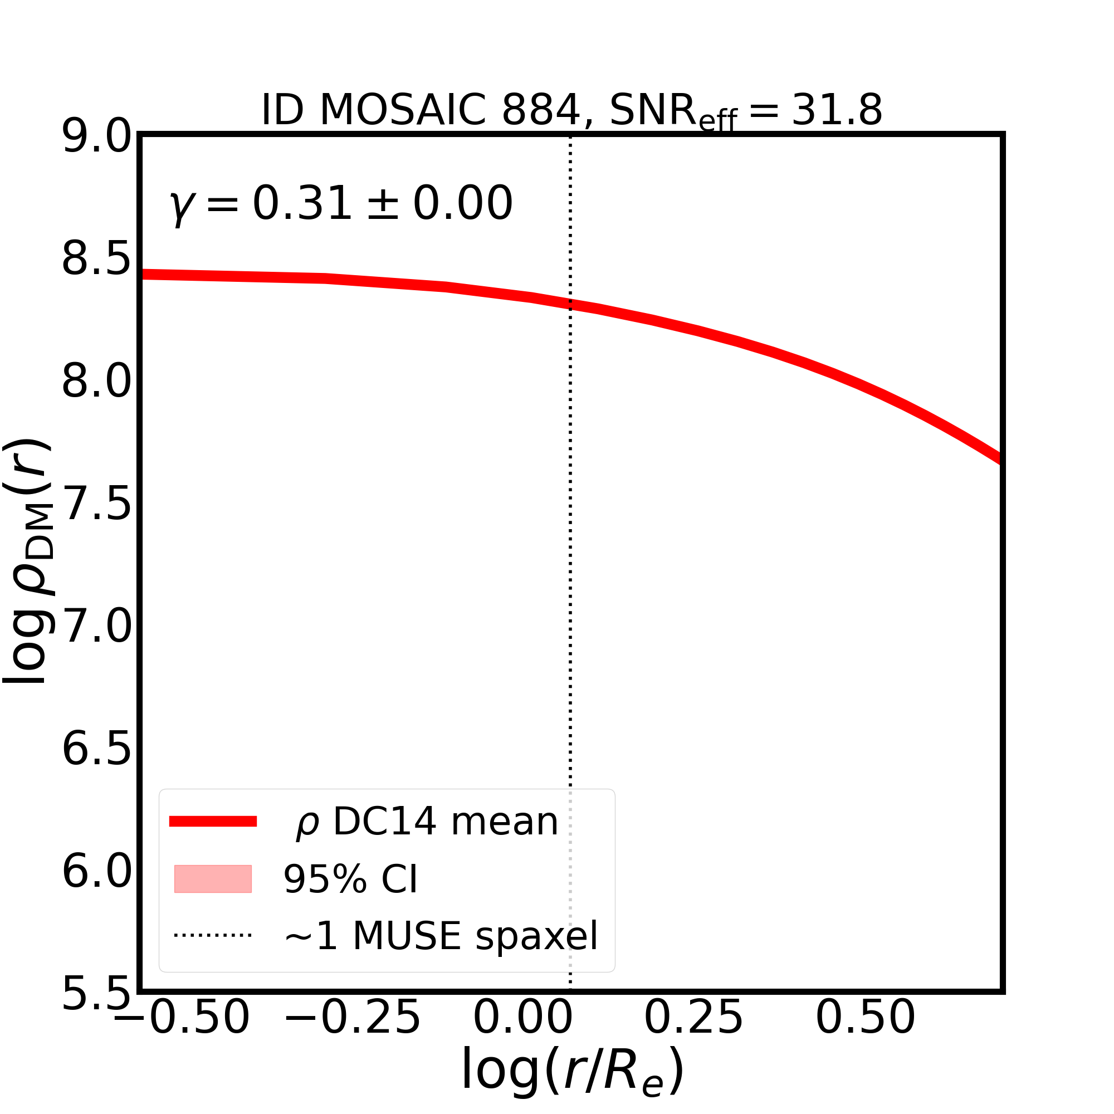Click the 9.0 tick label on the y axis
tap(96, 137)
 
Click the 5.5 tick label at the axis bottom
tap(96, 994)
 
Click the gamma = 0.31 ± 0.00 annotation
tap(341, 204)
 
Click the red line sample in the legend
tap(213, 822)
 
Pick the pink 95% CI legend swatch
tap(213, 879)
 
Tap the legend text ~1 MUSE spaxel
tap(441, 936)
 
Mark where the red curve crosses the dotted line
tap(570, 304)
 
